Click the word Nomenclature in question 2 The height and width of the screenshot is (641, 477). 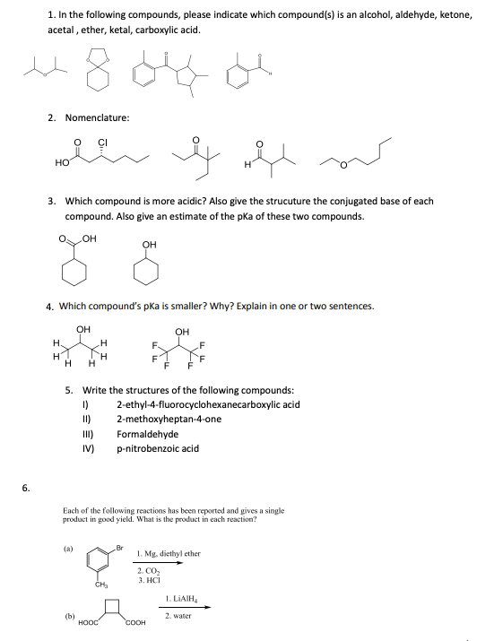(100, 117)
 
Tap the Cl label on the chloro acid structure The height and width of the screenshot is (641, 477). (102, 143)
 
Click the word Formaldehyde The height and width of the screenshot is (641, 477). (148, 434)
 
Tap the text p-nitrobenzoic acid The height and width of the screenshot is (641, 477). (158, 448)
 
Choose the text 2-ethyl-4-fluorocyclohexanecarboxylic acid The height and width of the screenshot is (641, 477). (208, 404)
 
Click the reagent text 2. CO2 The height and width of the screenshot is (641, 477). (148, 570)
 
